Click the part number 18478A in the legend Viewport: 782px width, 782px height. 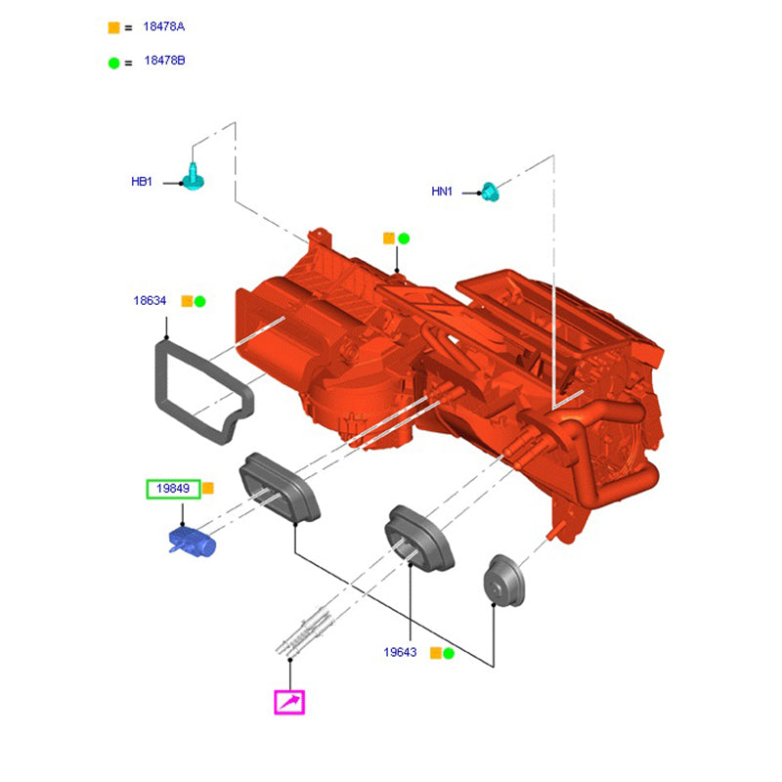point(163,27)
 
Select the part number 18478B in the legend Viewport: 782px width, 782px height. point(163,61)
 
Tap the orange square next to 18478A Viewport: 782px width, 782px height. point(113,27)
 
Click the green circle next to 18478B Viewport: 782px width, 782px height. point(113,62)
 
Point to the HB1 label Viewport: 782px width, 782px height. point(142,182)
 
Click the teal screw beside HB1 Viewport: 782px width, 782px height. point(195,177)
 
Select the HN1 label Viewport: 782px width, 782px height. point(442,192)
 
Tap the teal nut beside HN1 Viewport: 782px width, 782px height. point(490,192)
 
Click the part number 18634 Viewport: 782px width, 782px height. point(150,301)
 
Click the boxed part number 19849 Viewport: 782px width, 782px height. point(173,489)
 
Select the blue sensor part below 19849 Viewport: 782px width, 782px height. point(192,542)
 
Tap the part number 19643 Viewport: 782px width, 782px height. point(401,652)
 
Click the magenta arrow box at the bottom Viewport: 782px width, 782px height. point(289,702)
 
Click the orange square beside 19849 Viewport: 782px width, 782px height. point(208,489)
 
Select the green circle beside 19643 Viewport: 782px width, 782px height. point(449,652)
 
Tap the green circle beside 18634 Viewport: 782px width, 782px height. point(199,301)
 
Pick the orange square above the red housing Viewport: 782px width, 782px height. point(389,238)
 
